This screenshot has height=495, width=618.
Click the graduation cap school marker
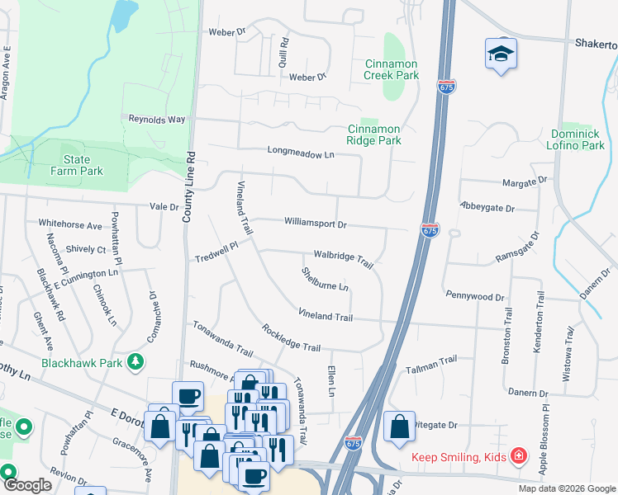(500, 54)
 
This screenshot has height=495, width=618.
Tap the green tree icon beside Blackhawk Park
(135, 361)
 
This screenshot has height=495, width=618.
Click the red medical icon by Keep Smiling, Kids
(517, 455)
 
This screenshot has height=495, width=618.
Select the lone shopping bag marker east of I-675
(399, 427)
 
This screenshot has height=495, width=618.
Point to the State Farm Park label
(83, 165)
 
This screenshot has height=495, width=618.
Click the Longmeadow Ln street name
(301, 153)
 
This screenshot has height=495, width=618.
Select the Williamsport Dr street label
(315, 223)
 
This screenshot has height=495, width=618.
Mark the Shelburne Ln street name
(325, 279)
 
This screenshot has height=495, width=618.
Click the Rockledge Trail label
(291, 337)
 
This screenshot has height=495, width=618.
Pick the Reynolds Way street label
(156, 119)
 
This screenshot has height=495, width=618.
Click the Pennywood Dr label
(474, 295)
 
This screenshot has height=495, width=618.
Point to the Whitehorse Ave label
(70, 224)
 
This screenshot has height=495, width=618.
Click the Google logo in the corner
(27, 486)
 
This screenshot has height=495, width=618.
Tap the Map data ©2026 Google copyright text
(566, 488)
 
